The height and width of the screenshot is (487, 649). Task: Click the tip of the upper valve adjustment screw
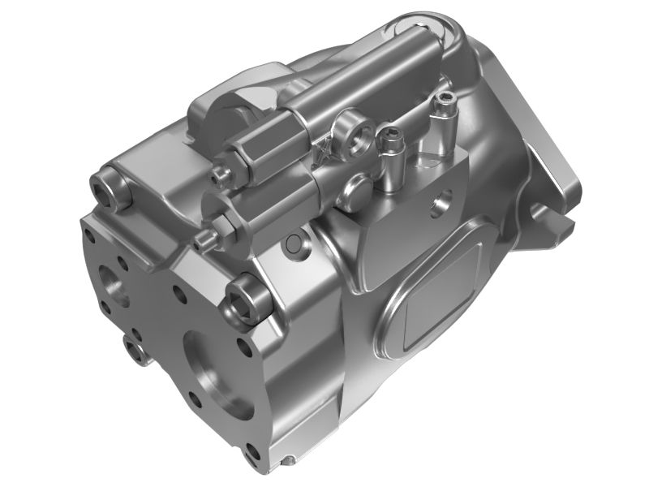(x=218, y=174)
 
